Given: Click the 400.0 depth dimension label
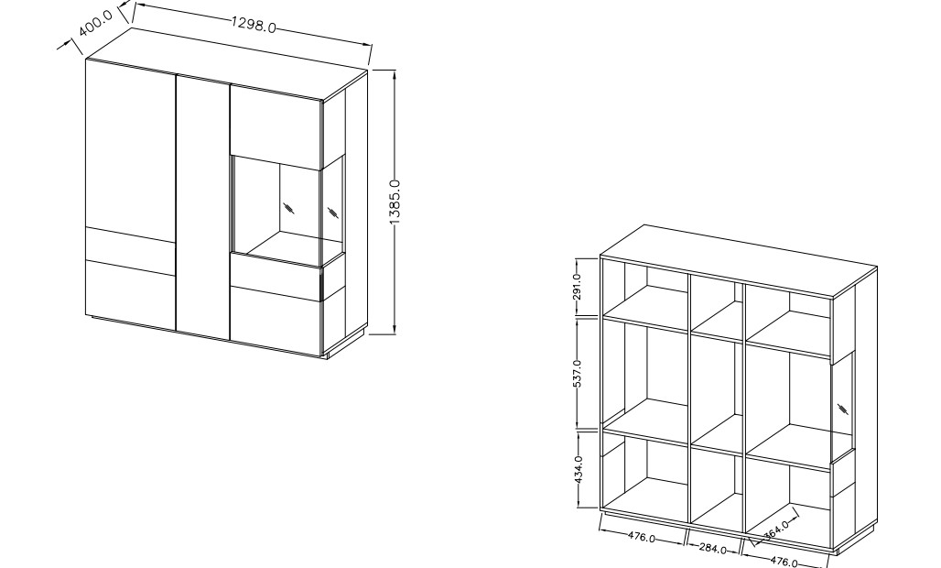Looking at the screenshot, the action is point(95,23).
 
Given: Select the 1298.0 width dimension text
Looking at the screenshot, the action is point(254,25).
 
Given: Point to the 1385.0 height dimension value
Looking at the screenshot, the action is point(395,202).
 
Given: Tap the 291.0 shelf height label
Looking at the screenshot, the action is point(577,287).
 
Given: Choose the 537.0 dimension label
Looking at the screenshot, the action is point(577,374).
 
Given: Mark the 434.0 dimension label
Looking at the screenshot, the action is point(578,469).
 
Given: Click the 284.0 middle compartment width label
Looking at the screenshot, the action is point(713,548).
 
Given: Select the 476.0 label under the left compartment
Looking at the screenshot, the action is point(642,537).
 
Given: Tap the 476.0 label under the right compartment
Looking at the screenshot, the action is point(784,562).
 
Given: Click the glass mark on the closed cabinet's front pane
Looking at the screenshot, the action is point(289,208).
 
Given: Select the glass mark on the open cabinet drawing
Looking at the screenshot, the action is point(842,410).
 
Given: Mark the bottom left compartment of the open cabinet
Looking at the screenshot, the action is point(644,476).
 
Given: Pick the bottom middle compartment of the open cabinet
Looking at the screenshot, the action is point(717,489).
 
